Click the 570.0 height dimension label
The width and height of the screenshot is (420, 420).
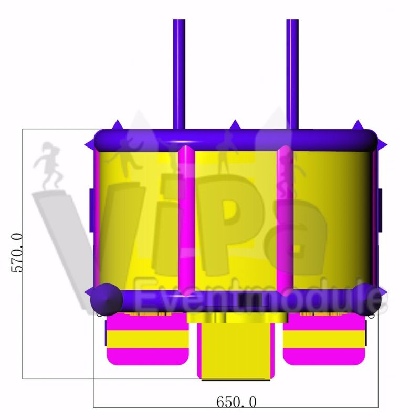[x=17, y=253]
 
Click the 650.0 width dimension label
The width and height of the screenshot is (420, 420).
[x=236, y=402]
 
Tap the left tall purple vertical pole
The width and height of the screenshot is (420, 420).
[x=179, y=75]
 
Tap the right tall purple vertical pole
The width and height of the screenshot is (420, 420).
[x=292, y=75]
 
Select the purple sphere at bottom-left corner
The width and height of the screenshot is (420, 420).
[x=107, y=299]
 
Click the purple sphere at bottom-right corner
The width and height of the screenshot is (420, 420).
[x=366, y=299]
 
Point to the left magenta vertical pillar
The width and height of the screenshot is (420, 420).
[x=186, y=220]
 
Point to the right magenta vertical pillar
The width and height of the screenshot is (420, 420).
[x=285, y=220]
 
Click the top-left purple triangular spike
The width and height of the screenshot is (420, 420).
[x=117, y=125]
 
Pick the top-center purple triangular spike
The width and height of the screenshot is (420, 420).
[x=235, y=125]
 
